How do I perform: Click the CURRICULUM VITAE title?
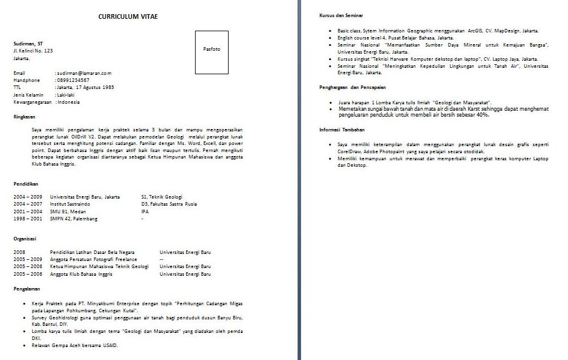point(128,16)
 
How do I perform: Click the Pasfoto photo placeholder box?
point(212,52)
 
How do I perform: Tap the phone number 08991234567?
point(73,80)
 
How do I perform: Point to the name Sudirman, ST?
point(28,44)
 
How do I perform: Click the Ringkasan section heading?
point(25,117)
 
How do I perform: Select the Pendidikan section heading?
point(26,184)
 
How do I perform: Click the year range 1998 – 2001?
point(28,219)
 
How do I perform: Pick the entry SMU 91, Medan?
point(68,212)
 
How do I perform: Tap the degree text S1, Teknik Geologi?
point(162,197)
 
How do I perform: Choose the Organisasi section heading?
point(25,239)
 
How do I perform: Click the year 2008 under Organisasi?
point(19,252)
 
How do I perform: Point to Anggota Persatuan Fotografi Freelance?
point(93,259)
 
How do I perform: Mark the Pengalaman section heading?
point(27,289)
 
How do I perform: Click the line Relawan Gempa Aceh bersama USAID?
point(75,345)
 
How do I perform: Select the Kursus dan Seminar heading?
point(341,15)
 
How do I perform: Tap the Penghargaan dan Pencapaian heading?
point(352,88)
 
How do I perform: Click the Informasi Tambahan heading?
point(342,130)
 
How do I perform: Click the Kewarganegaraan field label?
point(33,102)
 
